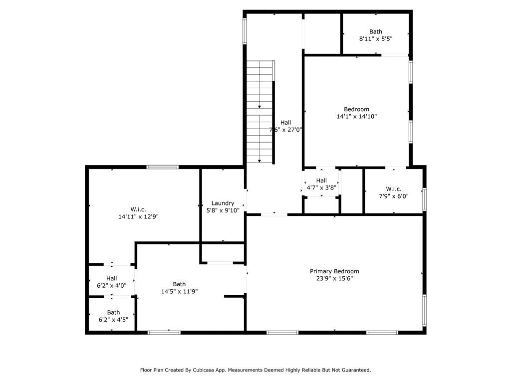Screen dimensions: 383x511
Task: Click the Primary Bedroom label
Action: click(x=334, y=271)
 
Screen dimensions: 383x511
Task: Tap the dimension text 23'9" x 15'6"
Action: click(x=334, y=279)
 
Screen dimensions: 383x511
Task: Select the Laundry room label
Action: click(x=223, y=203)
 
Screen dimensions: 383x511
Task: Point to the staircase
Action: click(x=260, y=112)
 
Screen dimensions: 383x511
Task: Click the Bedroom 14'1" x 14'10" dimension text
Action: click(x=356, y=117)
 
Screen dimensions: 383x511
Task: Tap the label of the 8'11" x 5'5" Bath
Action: click(x=376, y=31)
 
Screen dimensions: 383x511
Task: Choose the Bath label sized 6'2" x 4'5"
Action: click(x=113, y=313)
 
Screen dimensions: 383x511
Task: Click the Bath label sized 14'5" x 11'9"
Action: click(x=179, y=284)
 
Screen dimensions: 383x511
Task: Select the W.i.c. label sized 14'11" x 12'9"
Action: click(x=138, y=209)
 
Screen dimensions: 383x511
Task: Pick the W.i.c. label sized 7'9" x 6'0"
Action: click(x=393, y=189)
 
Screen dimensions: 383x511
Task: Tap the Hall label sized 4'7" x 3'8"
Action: click(x=321, y=181)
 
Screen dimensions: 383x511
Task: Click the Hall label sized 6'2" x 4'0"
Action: click(x=111, y=278)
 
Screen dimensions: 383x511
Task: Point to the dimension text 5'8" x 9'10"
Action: click(x=223, y=210)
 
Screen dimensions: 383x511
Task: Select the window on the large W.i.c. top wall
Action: click(x=162, y=167)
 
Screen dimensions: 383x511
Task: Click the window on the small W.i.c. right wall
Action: click(x=424, y=199)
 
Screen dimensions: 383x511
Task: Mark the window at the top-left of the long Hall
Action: click(x=245, y=31)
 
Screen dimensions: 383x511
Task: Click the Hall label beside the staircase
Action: click(x=285, y=122)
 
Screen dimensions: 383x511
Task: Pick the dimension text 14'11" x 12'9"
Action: click(x=138, y=216)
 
